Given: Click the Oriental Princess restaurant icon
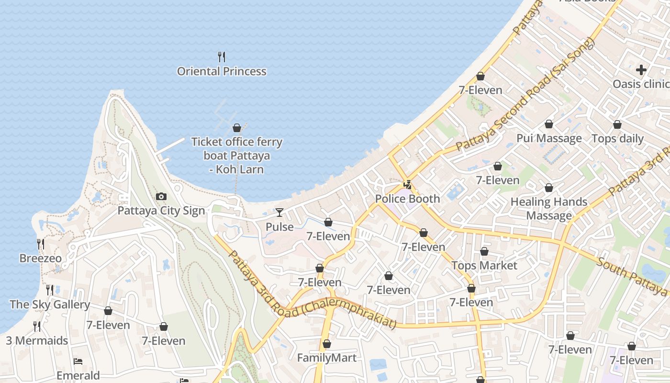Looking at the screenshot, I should coord(222,57).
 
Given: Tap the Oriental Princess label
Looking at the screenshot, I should coord(222,71).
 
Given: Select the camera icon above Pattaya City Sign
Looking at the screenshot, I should coord(161,196).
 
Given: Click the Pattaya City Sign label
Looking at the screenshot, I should coord(161,211).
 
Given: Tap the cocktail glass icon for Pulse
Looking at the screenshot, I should coord(279,212).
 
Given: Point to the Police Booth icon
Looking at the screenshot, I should coord(408,184).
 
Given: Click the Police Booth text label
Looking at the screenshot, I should coord(407,199).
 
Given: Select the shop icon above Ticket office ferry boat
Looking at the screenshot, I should coord(236,128).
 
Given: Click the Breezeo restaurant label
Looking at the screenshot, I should coord(41,259).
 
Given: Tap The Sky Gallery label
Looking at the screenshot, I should coord(50,304).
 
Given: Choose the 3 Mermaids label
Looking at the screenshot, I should coord(37,341).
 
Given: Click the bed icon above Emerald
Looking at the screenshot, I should coord(78,361).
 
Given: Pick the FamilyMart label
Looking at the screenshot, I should coord(327,358).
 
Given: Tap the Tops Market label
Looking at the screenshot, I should coord(484,266).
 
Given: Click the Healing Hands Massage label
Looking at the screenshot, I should coord(549,209).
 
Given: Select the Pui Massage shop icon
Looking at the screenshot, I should coord(549,124).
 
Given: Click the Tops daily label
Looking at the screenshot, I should coord(617,139).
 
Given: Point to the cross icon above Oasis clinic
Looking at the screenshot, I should coord(641,70).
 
